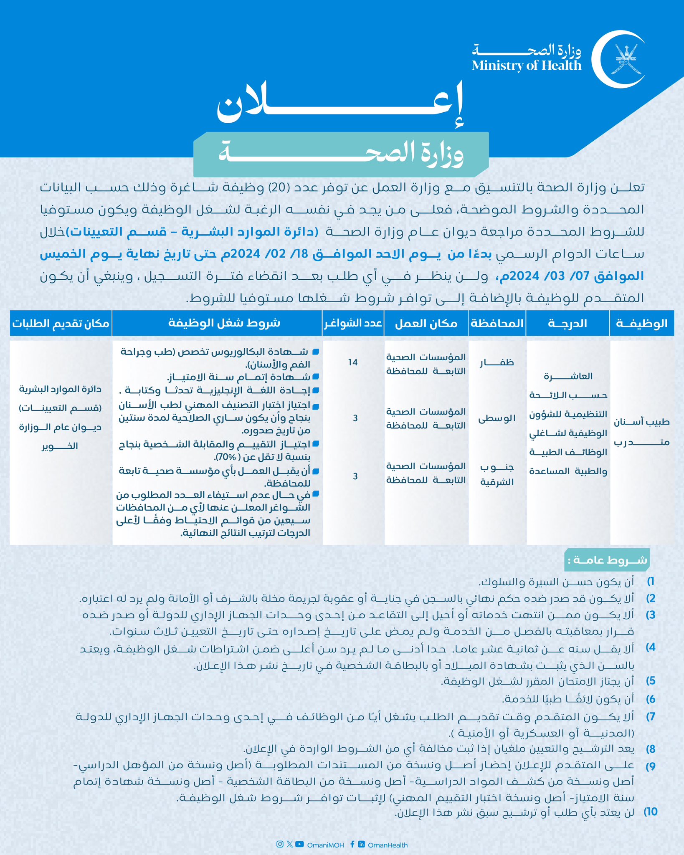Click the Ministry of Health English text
tap(527, 66)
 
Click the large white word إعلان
tap(340, 105)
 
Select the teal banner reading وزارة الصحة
tap(341, 154)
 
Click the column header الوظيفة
tap(641, 323)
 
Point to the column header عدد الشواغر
tap(353, 323)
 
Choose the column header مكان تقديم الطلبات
tap(61, 323)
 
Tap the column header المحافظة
tap(497, 323)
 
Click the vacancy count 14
tap(353, 362)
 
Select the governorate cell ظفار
tap(497, 362)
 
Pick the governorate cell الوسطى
tap(497, 418)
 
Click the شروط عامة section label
tap(607, 560)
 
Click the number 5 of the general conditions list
tap(651, 681)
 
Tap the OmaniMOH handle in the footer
tap(325, 845)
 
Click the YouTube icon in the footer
tap(299, 844)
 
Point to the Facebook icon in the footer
tap(352, 844)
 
